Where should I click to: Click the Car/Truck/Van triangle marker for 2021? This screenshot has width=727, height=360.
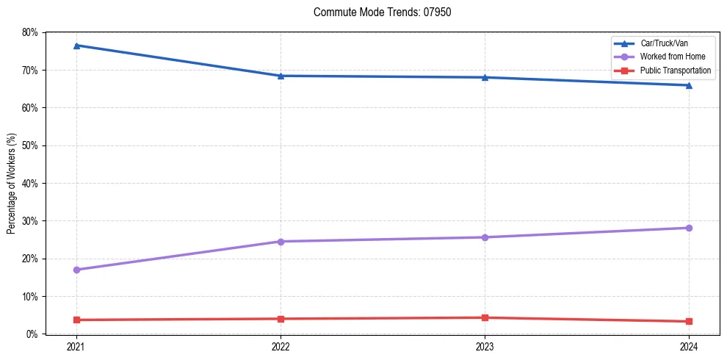click(76, 46)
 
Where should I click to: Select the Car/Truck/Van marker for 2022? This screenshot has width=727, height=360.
click(281, 76)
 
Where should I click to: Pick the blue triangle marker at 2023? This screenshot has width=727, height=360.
click(485, 77)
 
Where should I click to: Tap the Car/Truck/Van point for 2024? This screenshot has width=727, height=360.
click(689, 85)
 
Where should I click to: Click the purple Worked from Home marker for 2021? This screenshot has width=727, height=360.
click(76, 270)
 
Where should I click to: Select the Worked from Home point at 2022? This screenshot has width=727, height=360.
click(281, 241)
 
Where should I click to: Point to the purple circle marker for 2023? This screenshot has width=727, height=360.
click(485, 237)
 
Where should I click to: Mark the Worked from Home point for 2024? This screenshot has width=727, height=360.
click(689, 228)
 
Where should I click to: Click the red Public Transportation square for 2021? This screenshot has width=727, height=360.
click(76, 320)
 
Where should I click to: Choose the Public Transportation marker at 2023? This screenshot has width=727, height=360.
click(485, 317)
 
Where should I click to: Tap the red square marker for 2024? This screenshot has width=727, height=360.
click(689, 321)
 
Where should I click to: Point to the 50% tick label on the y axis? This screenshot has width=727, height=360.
click(30, 145)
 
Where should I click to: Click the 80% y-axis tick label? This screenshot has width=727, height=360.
click(30, 32)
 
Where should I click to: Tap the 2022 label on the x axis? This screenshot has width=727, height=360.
click(281, 345)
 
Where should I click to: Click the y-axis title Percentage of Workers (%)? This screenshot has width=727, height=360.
click(12, 184)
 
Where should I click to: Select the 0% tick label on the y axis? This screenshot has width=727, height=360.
click(32, 334)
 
